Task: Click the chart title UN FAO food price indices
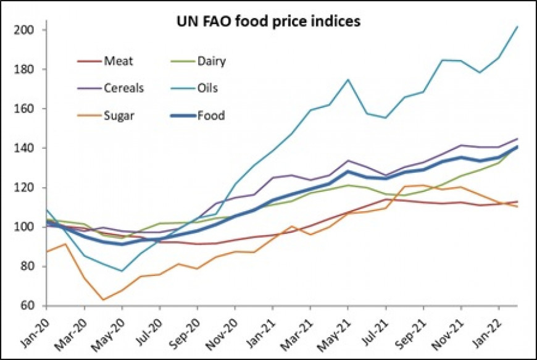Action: tap(265, 21)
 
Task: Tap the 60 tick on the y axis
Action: tap(27, 306)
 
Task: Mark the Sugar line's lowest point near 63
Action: tap(102, 300)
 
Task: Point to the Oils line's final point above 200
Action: tap(517, 27)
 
